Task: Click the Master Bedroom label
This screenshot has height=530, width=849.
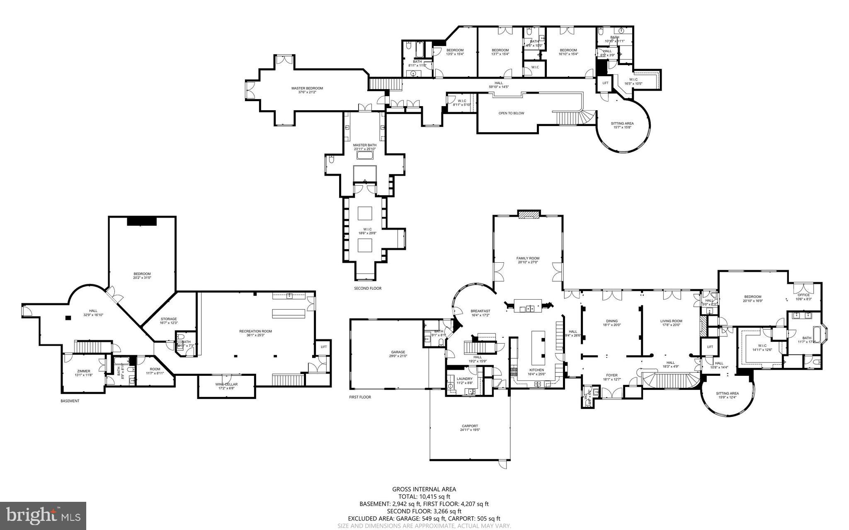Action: (x=307, y=88)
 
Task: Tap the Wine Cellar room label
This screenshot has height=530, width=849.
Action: (x=226, y=385)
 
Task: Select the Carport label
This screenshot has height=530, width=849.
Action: (x=470, y=426)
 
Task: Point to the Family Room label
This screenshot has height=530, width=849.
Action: (x=528, y=258)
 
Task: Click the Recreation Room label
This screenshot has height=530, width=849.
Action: (x=255, y=331)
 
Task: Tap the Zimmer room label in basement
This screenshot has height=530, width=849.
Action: (x=83, y=371)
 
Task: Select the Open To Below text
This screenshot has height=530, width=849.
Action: (x=511, y=113)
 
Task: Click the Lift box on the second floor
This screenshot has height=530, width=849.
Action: (x=605, y=83)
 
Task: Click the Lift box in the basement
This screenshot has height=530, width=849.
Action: (x=324, y=347)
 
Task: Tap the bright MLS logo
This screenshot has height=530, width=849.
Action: (x=43, y=515)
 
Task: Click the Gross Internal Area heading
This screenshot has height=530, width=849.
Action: (x=424, y=489)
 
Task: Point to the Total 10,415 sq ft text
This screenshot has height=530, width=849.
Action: (x=424, y=496)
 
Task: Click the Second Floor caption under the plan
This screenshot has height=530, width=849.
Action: (x=368, y=288)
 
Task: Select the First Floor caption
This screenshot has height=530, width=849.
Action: (x=360, y=397)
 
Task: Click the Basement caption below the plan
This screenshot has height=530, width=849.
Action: (x=70, y=401)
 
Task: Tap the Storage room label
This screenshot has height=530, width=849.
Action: (x=169, y=319)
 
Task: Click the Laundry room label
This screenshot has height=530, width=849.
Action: (x=464, y=379)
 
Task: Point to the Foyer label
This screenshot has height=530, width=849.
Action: (x=611, y=375)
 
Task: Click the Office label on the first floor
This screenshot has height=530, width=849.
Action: (x=803, y=295)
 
